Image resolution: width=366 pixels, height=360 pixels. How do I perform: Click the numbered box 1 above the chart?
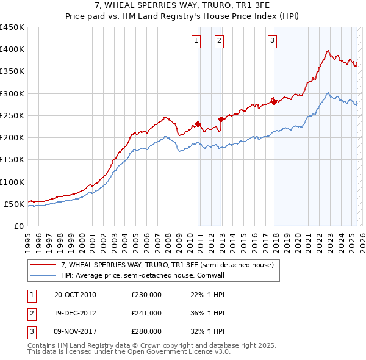coord(196,41)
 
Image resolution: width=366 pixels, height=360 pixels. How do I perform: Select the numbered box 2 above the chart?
coord(219,41)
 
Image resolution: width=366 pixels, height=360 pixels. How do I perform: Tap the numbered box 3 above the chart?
coord(272,41)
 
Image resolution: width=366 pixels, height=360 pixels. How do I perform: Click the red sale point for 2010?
coord(198,124)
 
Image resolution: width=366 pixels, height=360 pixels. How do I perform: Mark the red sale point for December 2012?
coord(221,119)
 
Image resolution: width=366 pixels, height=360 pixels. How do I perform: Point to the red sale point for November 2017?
coord(274,102)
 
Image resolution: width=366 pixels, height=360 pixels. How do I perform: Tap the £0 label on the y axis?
coord(18,226)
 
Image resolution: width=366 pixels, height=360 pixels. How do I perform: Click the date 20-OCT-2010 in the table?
coord(75,295)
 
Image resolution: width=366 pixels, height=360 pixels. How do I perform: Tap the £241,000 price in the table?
coord(146,313)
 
